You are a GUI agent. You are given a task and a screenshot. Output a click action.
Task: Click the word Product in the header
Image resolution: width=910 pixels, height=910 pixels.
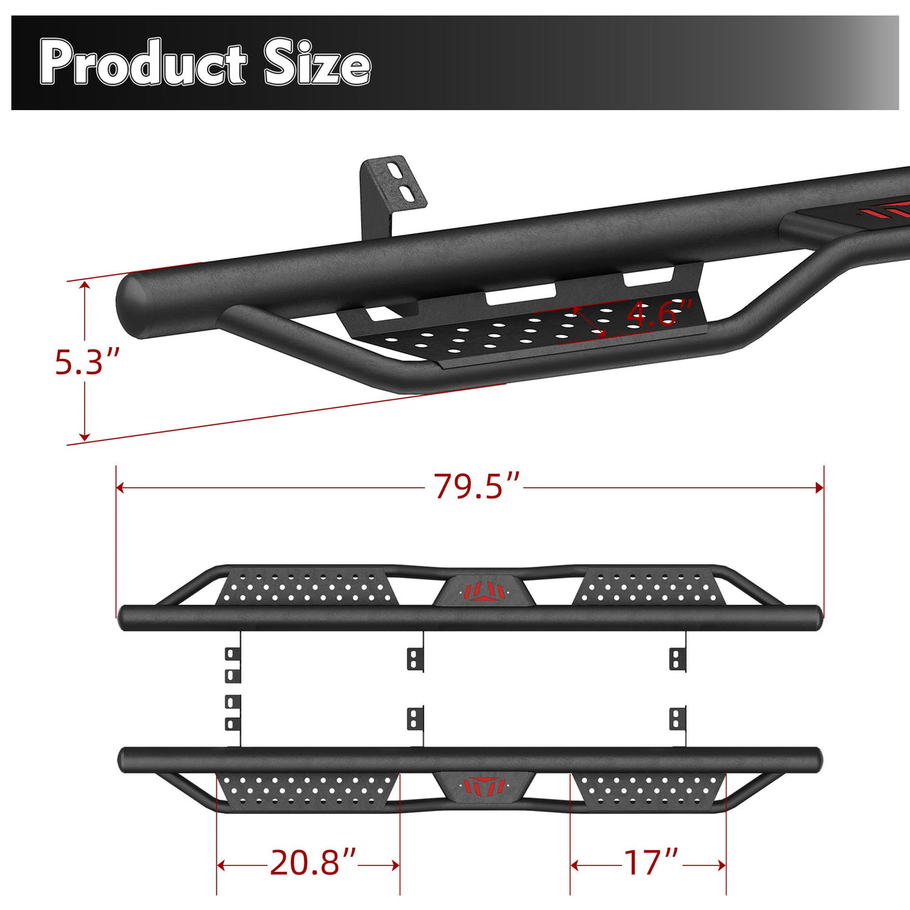142,64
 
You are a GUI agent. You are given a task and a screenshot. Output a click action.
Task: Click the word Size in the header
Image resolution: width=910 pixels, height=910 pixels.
317,64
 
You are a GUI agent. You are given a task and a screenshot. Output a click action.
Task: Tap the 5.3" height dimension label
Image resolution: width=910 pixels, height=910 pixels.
87,363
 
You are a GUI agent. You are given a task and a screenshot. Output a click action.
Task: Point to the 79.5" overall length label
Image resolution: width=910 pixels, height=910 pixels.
477,487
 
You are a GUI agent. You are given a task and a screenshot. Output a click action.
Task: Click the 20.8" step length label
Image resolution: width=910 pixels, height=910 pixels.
313,864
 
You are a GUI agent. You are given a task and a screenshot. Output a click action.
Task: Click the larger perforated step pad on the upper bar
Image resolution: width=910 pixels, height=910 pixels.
307,587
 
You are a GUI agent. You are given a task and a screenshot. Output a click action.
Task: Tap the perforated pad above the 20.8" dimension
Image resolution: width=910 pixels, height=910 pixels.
307,789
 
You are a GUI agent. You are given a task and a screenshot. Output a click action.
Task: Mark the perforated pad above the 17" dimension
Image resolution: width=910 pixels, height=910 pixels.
649,789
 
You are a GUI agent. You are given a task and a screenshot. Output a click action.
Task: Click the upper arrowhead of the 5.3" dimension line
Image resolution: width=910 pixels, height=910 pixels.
85,286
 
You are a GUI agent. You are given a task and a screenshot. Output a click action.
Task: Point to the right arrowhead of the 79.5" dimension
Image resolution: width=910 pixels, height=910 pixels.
819,487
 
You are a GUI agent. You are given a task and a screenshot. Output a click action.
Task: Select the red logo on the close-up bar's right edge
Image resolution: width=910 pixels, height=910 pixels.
892,211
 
